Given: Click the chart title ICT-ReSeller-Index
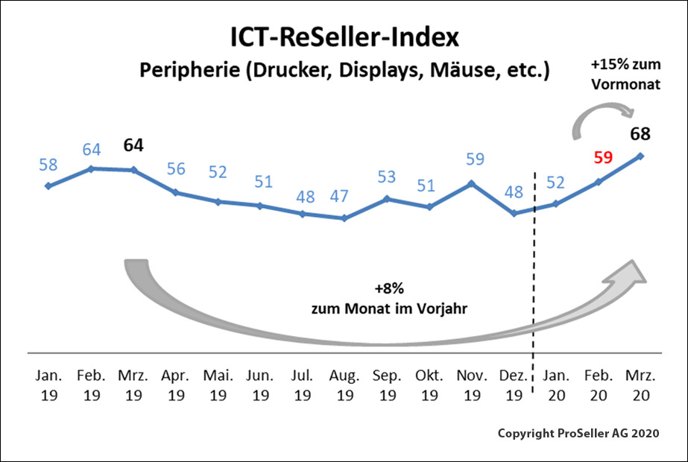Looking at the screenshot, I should click(x=344, y=37).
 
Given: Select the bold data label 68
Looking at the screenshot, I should click(x=640, y=134).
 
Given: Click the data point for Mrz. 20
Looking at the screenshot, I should click(x=640, y=156).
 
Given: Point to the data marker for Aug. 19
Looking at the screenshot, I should click(x=344, y=218).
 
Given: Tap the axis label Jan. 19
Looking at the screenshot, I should click(x=49, y=384).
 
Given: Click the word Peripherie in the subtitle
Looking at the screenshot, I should click(x=177, y=72).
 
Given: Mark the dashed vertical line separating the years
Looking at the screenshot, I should click(x=534, y=283).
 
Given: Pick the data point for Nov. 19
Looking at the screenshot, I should click(x=471, y=183).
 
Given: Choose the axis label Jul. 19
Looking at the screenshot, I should click(x=302, y=384).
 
